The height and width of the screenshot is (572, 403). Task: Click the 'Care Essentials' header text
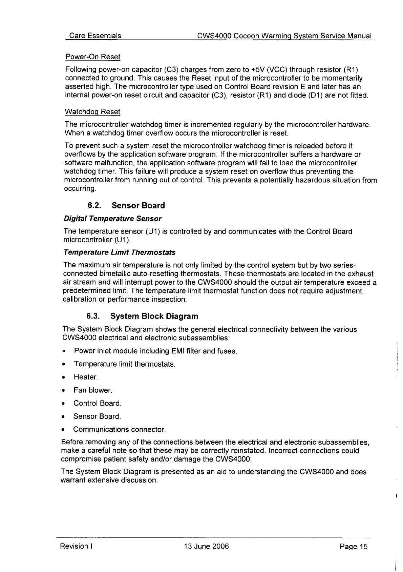pos(95,36)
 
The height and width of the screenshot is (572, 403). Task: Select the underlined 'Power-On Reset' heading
pos(92,57)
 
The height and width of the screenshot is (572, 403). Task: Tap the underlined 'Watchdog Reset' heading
pos(92,111)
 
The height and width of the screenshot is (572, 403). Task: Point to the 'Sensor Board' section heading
pos(138,206)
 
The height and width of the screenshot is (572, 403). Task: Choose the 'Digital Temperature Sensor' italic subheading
pos(112,219)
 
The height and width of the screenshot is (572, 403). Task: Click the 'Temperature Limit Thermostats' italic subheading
pos(120,252)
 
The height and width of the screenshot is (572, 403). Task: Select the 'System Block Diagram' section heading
pos(154,316)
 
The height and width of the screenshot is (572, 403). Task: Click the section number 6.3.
pos(93,316)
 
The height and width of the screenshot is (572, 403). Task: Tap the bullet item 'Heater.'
pos(86,377)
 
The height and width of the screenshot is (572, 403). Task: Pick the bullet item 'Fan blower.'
pos(93,390)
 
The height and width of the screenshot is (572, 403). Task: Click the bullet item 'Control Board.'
pos(97,403)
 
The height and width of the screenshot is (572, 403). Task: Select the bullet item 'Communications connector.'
pos(119,429)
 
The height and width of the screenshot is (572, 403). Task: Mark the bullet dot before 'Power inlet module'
pos(64,351)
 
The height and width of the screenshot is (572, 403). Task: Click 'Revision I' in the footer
pos(77,546)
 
